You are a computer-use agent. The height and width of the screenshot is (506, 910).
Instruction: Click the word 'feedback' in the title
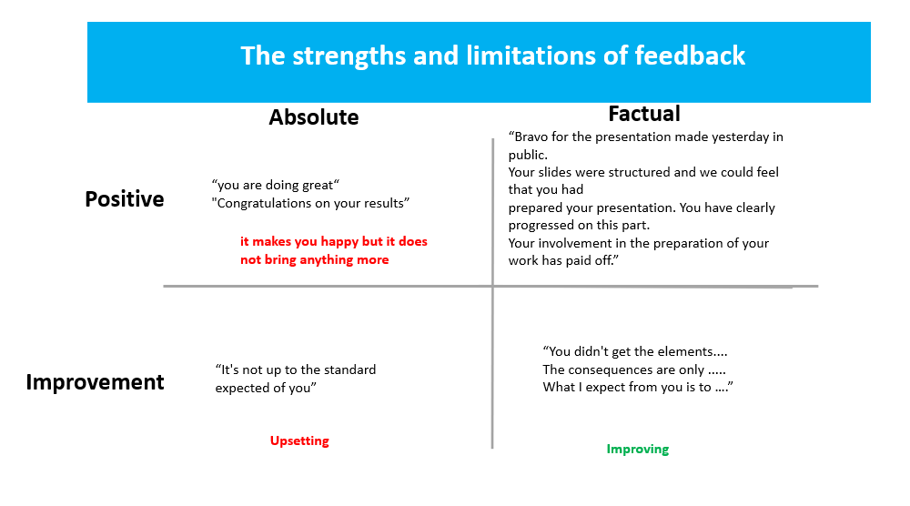(690, 56)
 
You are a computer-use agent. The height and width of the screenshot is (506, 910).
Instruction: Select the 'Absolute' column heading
(314, 117)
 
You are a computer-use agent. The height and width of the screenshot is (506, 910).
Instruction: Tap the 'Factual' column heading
(644, 114)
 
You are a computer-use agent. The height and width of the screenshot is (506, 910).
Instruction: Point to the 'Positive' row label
(125, 199)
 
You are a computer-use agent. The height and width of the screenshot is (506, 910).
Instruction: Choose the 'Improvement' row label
(96, 382)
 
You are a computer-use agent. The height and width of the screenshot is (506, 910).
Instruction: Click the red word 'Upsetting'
(299, 441)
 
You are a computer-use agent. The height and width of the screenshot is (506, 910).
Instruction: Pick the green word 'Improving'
(638, 450)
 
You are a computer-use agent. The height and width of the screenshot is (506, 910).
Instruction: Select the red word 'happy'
(339, 242)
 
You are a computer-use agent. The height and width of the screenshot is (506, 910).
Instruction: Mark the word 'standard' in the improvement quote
(350, 369)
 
